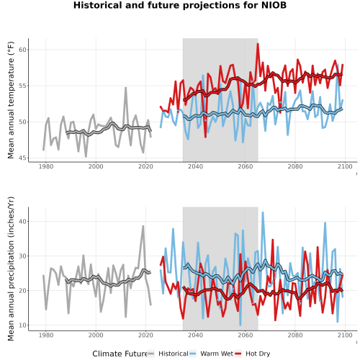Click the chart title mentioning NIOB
[x=180, y=5]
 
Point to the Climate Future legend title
[x=120, y=354]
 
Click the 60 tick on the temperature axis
[x=22, y=50]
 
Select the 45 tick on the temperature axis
[x=22, y=158]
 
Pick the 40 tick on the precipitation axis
[x=22, y=221]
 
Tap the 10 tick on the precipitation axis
[x=22, y=325]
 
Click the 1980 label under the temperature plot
[x=46, y=166]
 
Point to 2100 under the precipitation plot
[x=345, y=335]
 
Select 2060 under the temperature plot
[x=246, y=166]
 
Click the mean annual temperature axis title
[x=11, y=100]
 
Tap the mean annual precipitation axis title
[x=11, y=269]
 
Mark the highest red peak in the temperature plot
[x=258, y=44]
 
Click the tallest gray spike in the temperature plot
[x=125, y=88]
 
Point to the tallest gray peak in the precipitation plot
[x=143, y=226]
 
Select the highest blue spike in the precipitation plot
[x=263, y=212]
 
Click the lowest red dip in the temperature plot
[x=205, y=137]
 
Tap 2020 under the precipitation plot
[x=145, y=335]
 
